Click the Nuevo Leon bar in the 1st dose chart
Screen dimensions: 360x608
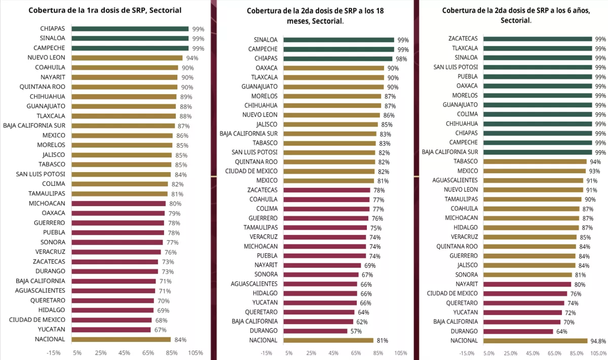(x=127, y=58)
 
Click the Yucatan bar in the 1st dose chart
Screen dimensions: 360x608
(x=111, y=330)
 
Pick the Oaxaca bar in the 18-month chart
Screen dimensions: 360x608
(x=333, y=68)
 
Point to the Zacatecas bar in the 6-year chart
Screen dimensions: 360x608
(x=538, y=38)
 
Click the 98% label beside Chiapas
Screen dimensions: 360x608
(x=401, y=59)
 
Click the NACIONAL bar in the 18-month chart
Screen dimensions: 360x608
(x=328, y=340)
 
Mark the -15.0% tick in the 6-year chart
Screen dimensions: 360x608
(x=466, y=353)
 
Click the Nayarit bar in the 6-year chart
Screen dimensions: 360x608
(x=527, y=284)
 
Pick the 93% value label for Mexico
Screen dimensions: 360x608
(x=594, y=171)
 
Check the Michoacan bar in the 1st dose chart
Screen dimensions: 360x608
(x=119, y=204)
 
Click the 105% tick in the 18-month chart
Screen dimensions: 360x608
(x=400, y=353)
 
